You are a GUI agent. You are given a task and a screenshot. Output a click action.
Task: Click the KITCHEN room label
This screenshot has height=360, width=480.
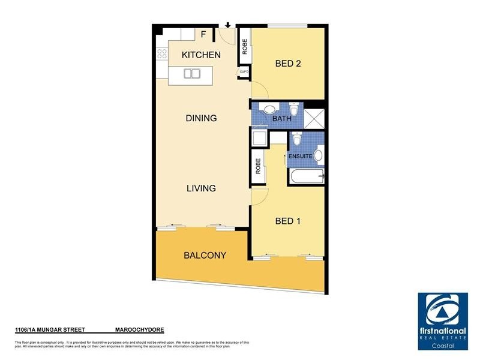pyautogui.click(x=201, y=55)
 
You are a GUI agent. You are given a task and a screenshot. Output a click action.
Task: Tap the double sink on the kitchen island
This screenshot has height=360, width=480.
pyautogui.click(x=192, y=74)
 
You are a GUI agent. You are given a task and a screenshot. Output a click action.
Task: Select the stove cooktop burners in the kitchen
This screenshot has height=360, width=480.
pyautogui.click(x=161, y=55)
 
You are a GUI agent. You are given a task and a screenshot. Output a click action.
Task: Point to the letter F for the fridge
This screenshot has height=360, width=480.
pyautogui.click(x=203, y=34)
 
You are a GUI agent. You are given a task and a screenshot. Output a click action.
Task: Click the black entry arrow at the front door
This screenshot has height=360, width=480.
pyautogui.click(x=228, y=25)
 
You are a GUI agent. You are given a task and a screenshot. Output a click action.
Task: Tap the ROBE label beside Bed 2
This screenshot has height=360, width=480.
pyautogui.click(x=245, y=47)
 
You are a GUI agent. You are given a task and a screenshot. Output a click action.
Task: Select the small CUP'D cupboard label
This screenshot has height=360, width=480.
pyautogui.click(x=244, y=72)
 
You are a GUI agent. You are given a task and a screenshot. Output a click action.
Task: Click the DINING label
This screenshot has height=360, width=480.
pyautogui.click(x=201, y=118)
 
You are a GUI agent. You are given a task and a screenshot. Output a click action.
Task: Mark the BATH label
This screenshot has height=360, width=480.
pyautogui.click(x=282, y=119)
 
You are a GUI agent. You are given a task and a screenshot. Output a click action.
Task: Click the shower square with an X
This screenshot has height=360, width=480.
pyautogui.click(x=314, y=118)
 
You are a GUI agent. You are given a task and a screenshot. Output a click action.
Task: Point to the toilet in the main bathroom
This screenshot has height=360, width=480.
pyautogui.click(x=293, y=109)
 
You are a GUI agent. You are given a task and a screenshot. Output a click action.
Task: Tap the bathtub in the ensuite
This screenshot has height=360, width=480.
pyautogui.click(x=306, y=176)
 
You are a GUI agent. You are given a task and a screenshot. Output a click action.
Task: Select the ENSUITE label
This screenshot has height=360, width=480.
pyautogui.click(x=301, y=156)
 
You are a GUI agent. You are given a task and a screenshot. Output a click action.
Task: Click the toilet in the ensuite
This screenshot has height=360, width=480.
pyautogui.click(x=297, y=140)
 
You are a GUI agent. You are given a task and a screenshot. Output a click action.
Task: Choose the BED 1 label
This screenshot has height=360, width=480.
pyautogui.click(x=287, y=221)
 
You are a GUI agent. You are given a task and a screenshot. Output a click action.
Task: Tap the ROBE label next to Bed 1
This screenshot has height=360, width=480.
pyautogui.click(x=258, y=166)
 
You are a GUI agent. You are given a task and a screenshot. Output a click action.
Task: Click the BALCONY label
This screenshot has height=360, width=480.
pyautogui.click(x=205, y=255)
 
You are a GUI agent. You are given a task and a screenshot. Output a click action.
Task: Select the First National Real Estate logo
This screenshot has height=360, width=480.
pyautogui.click(x=442, y=321)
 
